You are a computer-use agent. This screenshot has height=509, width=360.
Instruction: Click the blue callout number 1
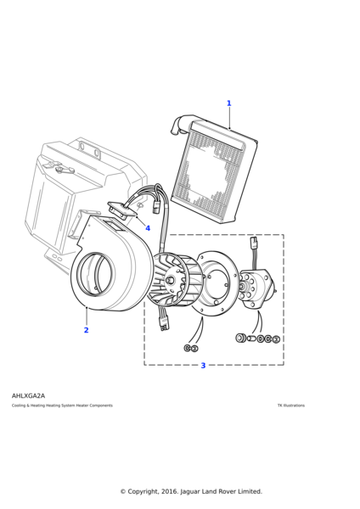(228, 103)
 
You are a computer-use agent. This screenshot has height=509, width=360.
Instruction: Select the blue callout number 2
(86, 330)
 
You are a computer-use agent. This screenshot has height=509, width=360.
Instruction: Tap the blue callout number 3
(203, 366)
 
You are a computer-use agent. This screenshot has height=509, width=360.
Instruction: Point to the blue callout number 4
(147, 228)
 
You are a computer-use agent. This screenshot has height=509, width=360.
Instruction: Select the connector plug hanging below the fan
(165, 322)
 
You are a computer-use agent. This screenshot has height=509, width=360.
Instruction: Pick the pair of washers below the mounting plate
(190, 348)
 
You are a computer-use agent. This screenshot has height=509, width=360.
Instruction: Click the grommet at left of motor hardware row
(241, 338)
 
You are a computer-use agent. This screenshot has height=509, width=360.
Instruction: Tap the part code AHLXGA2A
(28, 395)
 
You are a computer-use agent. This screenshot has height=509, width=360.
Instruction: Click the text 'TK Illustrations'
(290, 406)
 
